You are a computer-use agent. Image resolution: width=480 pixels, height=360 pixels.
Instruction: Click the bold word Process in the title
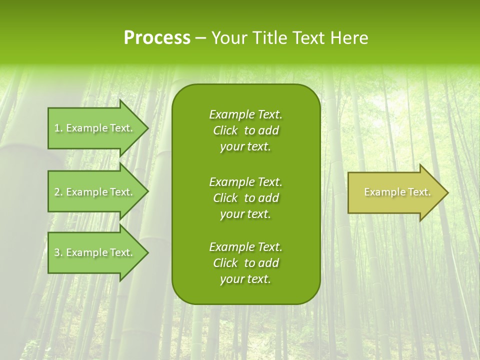pyautogui.click(x=157, y=38)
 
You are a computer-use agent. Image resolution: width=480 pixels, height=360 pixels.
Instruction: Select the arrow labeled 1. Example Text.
pyautogui.click(x=95, y=128)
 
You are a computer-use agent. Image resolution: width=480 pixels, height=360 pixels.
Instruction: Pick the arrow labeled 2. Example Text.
pyautogui.click(x=95, y=192)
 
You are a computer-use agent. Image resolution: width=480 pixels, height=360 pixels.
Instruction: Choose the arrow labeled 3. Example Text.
pyautogui.click(x=95, y=252)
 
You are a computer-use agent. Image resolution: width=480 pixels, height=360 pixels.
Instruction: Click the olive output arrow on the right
pyautogui.click(x=395, y=192)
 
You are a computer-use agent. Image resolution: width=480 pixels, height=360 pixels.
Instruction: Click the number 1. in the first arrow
pyautogui.click(x=58, y=128)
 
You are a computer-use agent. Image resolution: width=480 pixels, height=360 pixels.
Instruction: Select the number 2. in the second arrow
pyautogui.click(x=58, y=192)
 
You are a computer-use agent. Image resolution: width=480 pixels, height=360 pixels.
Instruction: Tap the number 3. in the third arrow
pyautogui.click(x=58, y=252)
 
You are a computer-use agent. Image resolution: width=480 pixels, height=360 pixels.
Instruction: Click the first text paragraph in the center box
pyautogui.click(x=245, y=130)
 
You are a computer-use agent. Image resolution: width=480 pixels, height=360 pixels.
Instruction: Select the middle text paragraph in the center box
pyautogui.click(x=245, y=198)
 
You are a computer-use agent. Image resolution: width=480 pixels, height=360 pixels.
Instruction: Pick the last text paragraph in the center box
pyautogui.click(x=245, y=263)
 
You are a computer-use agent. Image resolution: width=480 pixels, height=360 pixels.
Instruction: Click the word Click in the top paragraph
pyautogui.click(x=225, y=130)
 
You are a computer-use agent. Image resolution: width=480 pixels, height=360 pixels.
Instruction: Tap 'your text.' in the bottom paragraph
pyautogui.click(x=245, y=279)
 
